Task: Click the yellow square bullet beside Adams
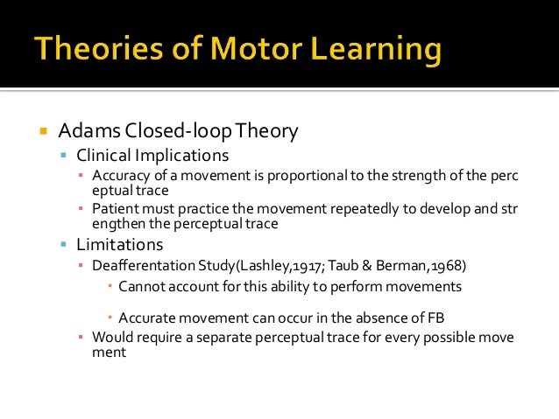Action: (41, 132)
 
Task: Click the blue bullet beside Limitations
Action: (64, 244)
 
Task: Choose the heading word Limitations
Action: (119, 244)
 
